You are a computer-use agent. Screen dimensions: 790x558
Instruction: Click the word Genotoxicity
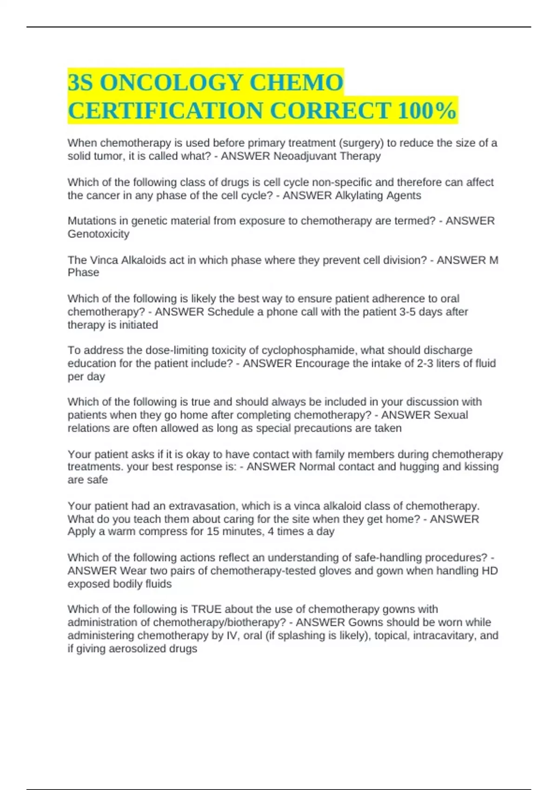pos(99,234)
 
